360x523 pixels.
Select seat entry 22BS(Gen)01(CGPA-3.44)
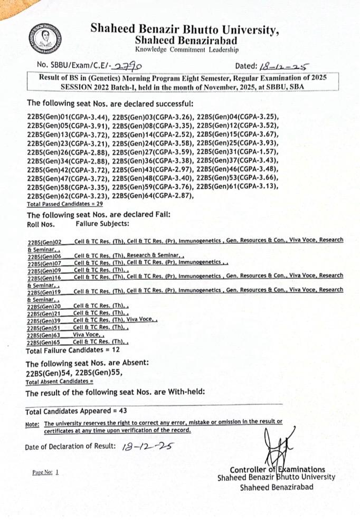(x=68, y=116)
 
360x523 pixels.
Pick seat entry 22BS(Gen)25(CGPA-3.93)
(x=238, y=143)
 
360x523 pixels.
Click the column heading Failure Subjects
(x=101, y=224)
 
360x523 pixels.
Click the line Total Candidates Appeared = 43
(x=76, y=411)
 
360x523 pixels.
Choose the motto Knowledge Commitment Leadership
(x=186, y=50)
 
